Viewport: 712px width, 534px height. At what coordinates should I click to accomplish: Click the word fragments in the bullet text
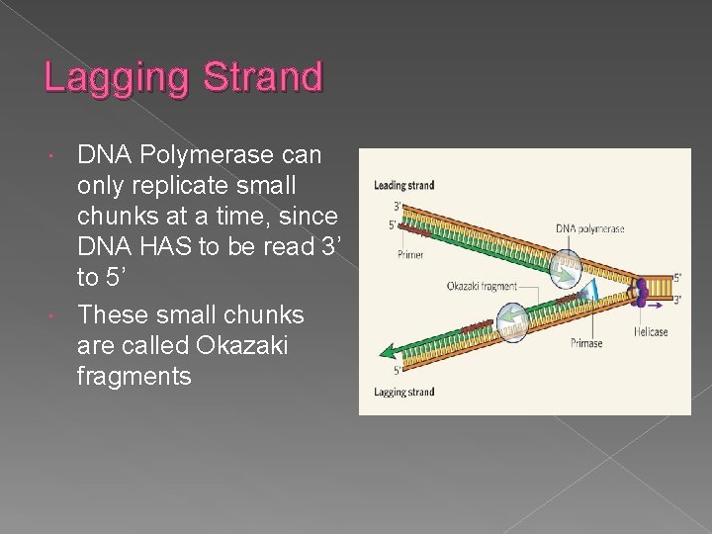[134, 376]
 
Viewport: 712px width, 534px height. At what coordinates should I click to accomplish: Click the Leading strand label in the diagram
[403, 185]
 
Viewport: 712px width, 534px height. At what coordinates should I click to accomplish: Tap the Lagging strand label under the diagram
[403, 393]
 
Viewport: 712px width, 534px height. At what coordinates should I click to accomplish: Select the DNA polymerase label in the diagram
[589, 228]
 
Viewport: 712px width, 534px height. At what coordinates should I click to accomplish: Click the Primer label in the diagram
[410, 255]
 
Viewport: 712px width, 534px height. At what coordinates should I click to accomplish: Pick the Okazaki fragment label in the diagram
[482, 287]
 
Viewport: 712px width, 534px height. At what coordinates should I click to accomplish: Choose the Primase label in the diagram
[585, 343]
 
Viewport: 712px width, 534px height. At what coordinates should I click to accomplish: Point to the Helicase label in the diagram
[651, 332]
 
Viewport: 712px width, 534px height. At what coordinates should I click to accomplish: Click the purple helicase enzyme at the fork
[640, 289]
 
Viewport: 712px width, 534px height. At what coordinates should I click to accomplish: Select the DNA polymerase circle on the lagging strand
[511, 321]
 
